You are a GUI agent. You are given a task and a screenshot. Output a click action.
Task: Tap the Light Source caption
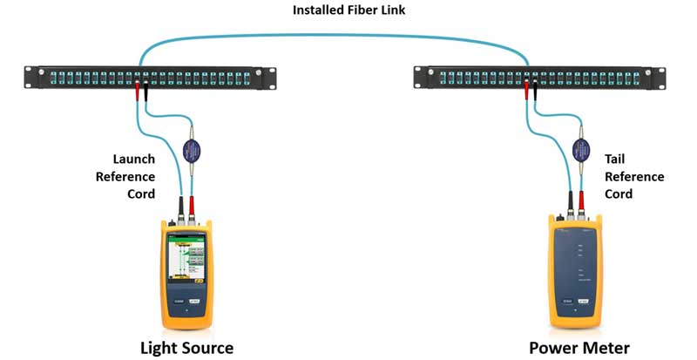coord(186,348)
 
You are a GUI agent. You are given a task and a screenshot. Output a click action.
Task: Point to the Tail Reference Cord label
coord(633,177)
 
